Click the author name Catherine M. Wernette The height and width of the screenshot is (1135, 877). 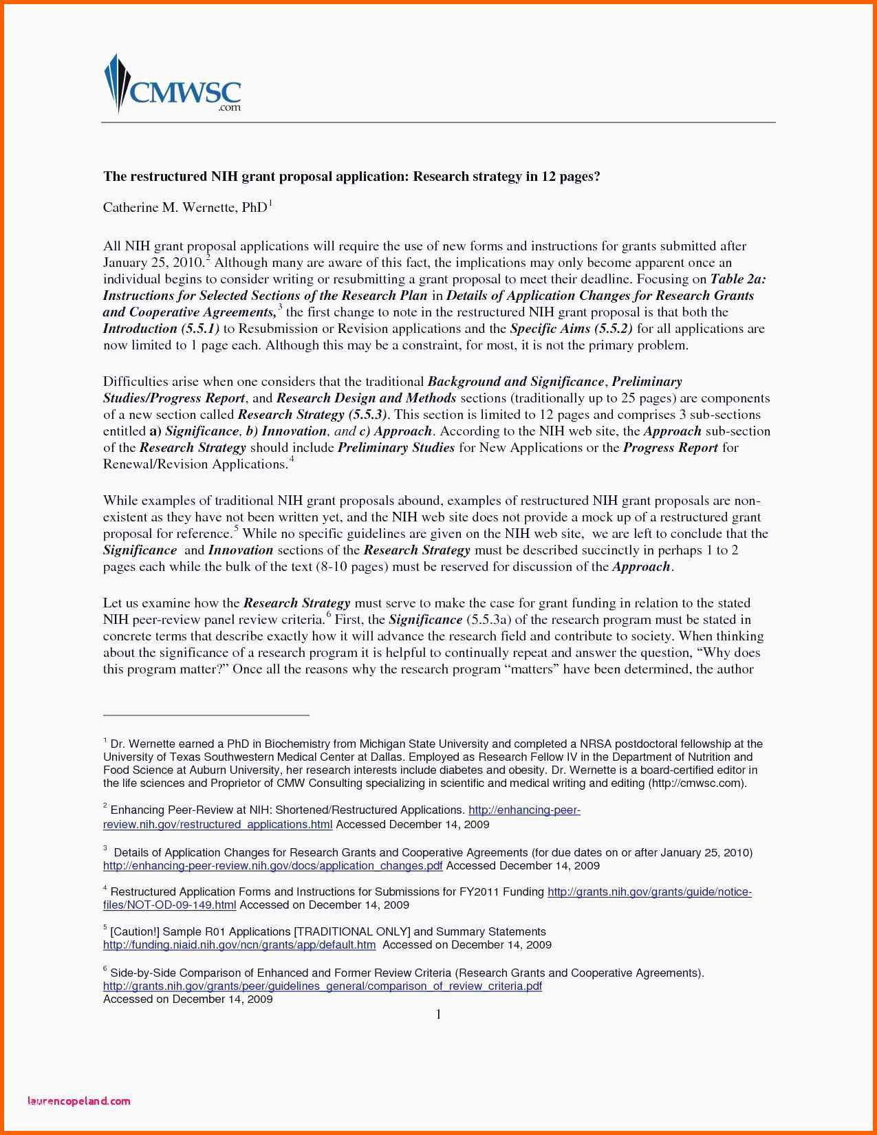184,207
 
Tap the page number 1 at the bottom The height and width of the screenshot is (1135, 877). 438,1015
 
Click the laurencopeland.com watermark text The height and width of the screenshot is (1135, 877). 78,1101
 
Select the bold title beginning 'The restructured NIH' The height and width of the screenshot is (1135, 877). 351,177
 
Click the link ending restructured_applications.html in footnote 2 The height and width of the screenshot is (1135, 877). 217,824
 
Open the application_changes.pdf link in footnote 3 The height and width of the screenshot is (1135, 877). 272,865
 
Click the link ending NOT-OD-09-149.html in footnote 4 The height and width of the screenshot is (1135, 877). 169,905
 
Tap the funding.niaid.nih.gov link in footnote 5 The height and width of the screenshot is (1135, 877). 239,944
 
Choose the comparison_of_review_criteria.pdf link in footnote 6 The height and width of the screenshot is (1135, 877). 322,986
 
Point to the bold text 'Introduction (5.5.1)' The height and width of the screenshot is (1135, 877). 161,329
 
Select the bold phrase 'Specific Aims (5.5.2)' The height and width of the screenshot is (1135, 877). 571,329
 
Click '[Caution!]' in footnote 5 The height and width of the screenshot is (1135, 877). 135,931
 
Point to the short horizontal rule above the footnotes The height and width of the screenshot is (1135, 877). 206,715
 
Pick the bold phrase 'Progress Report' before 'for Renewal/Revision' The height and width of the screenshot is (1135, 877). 671,448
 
